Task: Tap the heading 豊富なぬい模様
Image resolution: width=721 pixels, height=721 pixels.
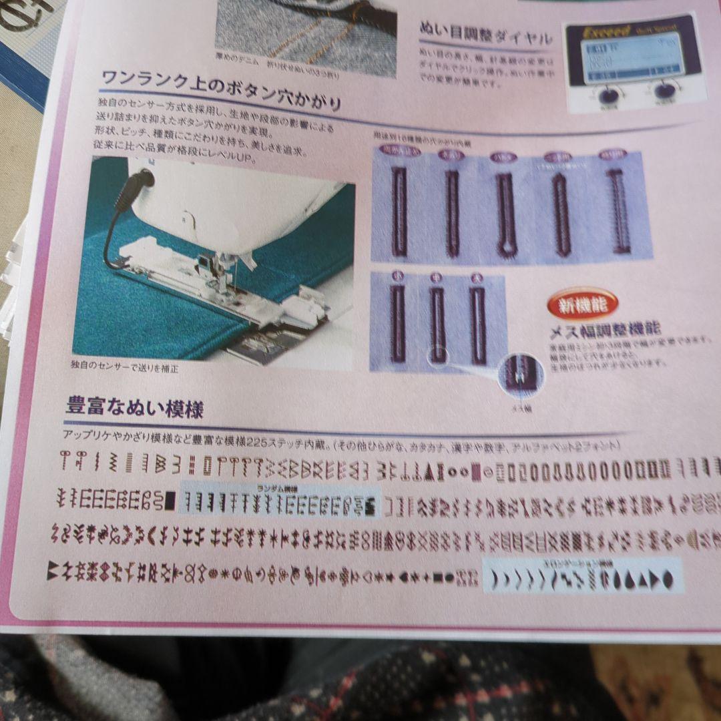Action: [134, 407]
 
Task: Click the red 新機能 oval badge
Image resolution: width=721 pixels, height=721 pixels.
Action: [582, 306]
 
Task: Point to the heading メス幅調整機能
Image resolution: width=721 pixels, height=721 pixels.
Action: [605, 329]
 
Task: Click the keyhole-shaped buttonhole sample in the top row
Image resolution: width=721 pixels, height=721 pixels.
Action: [505, 214]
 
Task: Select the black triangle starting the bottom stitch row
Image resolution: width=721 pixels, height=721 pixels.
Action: [52, 569]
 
